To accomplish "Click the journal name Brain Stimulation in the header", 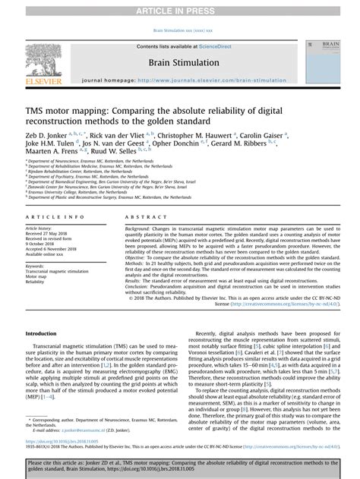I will point(179,63).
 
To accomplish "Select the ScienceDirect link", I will point(221,46).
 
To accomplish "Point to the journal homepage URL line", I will point(179,79).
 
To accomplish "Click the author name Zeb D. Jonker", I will point(46,134).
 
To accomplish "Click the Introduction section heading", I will point(41,333).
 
